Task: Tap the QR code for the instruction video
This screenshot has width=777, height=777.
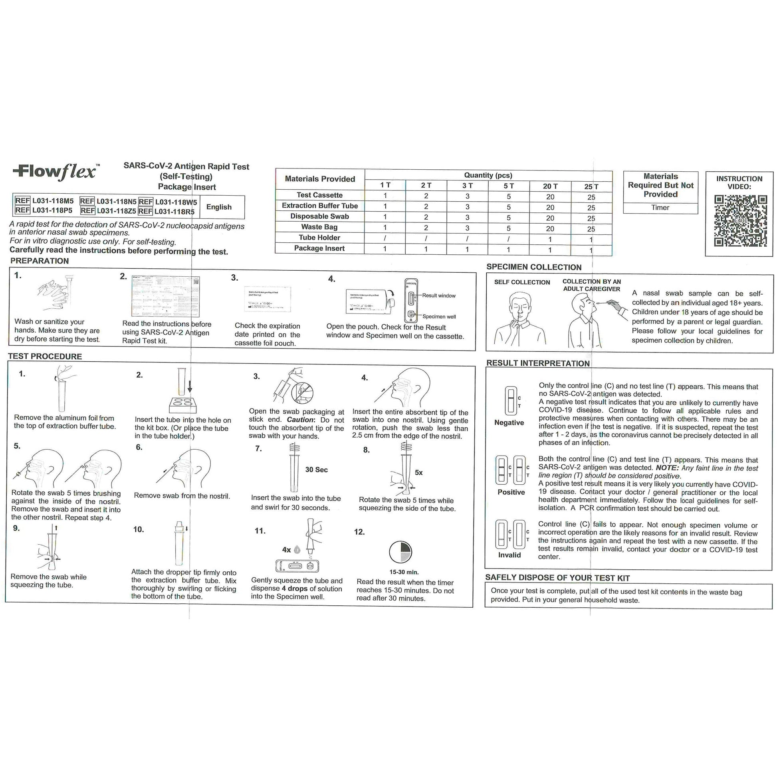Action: pos(740,221)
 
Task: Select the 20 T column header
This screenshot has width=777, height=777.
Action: pos(550,186)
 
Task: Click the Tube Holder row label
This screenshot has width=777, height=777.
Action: pos(319,238)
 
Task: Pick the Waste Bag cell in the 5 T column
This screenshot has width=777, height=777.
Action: pos(508,228)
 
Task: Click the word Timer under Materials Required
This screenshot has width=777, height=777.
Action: pos(660,208)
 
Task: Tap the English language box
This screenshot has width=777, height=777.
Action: pos(219,207)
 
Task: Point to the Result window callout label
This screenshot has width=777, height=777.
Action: pos(438,295)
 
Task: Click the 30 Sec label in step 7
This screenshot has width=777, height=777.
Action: pos(316,470)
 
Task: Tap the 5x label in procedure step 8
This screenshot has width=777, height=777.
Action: pos(419,473)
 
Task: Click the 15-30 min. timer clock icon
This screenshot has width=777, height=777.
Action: pos(400,552)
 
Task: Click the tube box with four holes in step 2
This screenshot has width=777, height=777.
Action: pos(183,404)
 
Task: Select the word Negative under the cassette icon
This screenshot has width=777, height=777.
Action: pos(509,423)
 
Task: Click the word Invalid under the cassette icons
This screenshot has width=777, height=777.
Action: pos(509,555)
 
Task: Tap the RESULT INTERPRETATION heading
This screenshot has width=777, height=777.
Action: pos(538,363)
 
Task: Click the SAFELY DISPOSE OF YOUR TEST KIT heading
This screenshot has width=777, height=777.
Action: pos(557,578)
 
